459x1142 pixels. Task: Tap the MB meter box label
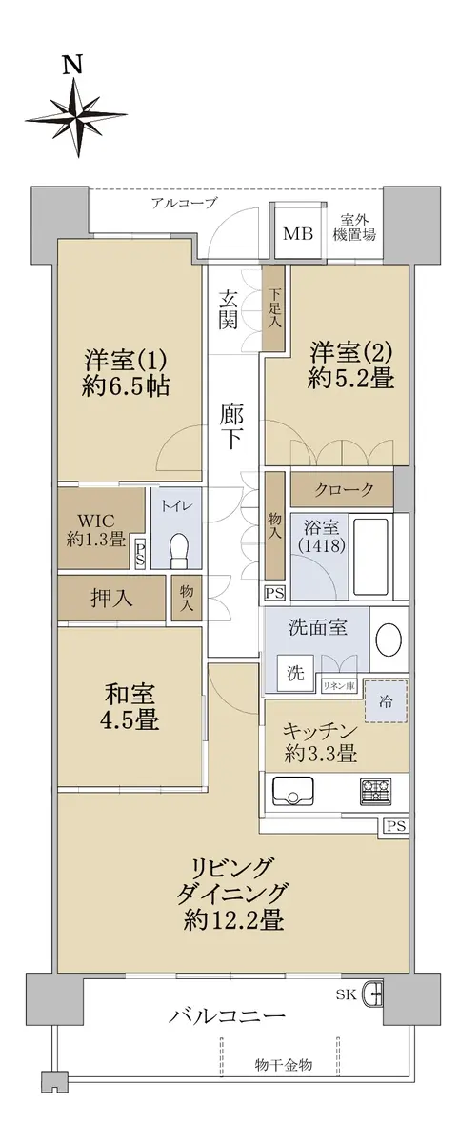coord(299,234)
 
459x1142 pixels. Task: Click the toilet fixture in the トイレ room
coord(178,551)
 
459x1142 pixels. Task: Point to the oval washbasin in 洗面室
coord(389,639)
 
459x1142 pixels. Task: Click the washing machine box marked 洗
coord(295,673)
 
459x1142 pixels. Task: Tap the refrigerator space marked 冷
coord(386,701)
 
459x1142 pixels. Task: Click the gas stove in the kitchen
coord(375,789)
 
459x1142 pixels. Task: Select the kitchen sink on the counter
coord(292,790)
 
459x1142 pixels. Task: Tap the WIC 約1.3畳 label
coord(96,530)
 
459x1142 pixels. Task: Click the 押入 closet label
coord(111,598)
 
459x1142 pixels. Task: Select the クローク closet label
coord(345,490)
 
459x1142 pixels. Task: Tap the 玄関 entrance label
coord(229,309)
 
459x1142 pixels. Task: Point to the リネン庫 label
coord(339,686)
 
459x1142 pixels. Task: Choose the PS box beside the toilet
coord(139,553)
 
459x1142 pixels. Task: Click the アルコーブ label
coord(184,203)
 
